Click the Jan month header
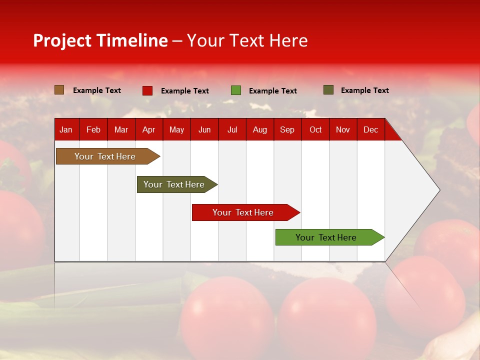pyautogui.click(x=66, y=130)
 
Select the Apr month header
pyautogui.click(x=148, y=130)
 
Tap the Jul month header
pyautogui.click(x=232, y=130)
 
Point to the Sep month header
pyautogui.click(x=287, y=130)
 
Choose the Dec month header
pyautogui.click(x=370, y=130)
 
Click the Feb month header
pyautogui.click(x=93, y=130)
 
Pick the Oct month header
pyautogui.click(x=315, y=130)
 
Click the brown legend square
pyautogui.click(x=59, y=90)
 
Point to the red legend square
pyautogui.click(x=147, y=90)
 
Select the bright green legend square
pyautogui.click(x=236, y=90)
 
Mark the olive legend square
pyautogui.click(x=328, y=90)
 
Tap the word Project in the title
pyautogui.click(x=62, y=40)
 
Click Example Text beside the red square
pyautogui.click(x=185, y=91)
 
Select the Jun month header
pyautogui.click(x=204, y=130)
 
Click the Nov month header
pyautogui.click(x=343, y=130)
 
